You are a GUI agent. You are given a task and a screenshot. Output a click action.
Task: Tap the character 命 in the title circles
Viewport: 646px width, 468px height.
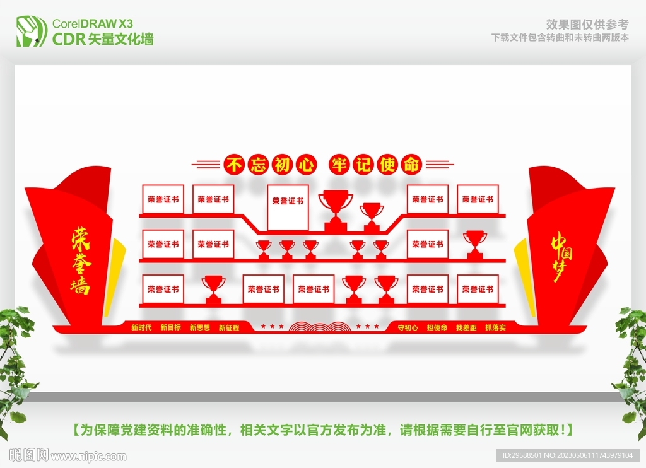[x=411, y=165]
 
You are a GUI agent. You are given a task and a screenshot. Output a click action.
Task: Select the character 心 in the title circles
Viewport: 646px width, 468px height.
[x=305, y=165]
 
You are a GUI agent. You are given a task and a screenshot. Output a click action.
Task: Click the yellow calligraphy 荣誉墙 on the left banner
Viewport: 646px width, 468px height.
[x=80, y=260]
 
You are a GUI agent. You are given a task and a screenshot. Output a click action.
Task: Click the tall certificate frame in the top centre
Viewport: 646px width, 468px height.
[x=288, y=208]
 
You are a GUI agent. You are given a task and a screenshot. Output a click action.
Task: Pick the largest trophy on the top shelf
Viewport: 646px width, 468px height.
[x=336, y=210]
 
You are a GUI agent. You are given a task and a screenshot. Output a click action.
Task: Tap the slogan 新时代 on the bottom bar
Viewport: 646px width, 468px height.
[x=141, y=327]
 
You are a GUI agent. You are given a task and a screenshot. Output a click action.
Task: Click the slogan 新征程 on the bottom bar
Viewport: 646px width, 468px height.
[x=228, y=327]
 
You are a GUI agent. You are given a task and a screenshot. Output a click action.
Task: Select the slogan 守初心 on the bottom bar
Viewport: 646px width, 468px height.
[x=408, y=327]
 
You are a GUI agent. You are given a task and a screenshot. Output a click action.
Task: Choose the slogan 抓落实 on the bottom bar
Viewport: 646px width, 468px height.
[x=495, y=327]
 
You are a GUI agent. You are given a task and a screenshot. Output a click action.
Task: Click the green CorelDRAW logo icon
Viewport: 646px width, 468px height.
[x=32, y=32]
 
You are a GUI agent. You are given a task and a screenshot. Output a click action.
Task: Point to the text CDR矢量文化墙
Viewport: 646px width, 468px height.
[x=103, y=39]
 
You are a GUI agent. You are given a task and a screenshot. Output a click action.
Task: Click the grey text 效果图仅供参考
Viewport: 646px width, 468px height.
[x=587, y=25]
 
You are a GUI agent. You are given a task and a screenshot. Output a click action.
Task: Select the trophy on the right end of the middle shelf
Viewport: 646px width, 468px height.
[x=475, y=245]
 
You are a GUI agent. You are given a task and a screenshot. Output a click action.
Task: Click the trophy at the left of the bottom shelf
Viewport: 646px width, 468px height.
[x=213, y=290]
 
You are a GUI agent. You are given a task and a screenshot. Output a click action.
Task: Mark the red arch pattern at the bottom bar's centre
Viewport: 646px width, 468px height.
[x=320, y=327]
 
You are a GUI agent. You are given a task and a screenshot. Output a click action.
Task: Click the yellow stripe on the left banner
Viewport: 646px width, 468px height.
[x=118, y=277]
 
